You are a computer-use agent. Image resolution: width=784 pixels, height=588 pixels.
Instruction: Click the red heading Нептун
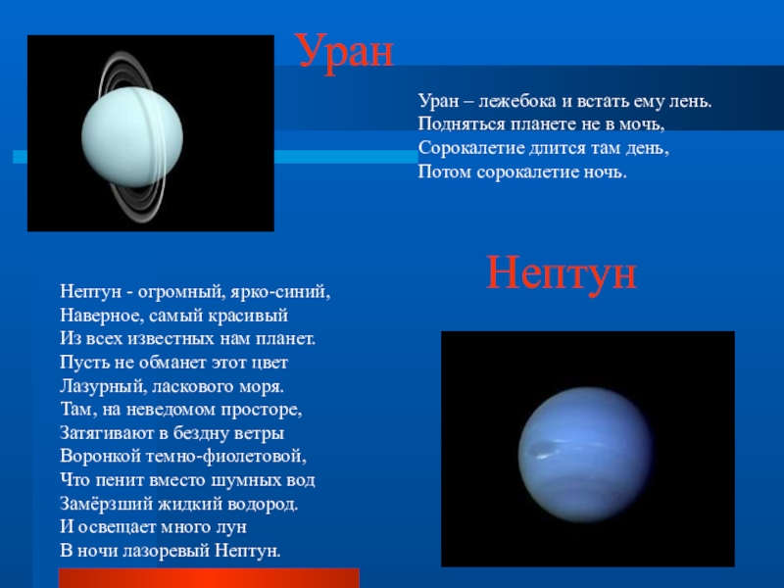[561, 275]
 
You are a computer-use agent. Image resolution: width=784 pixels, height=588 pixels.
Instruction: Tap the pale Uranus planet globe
[132, 137]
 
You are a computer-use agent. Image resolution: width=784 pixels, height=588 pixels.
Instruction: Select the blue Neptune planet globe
[586, 455]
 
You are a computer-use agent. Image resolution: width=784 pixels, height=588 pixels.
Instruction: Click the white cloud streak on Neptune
[543, 456]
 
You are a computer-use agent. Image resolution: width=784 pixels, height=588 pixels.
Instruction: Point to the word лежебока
[517, 102]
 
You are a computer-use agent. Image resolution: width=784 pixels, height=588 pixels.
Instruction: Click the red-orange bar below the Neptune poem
[209, 578]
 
